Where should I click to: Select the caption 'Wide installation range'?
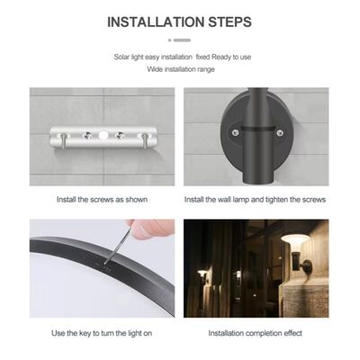pyautogui.click(x=181, y=69)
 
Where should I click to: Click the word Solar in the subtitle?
pyautogui.click(x=121, y=57)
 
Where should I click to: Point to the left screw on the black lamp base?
pyautogui.click(x=235, y=131)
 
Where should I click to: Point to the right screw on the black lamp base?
pyautogui.click(x=280, y=131)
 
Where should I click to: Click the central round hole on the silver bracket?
pyautogui.click(x=103, y=136)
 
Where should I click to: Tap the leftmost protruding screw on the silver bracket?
pyautogui.click(x=64, y=140)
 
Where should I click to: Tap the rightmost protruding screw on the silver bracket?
pyautogui.click(x=144, y=140)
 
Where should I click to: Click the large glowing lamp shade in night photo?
pyautogui.click(x=295, y=240)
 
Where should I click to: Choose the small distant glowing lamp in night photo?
pyautogui.click(x=202, y=274)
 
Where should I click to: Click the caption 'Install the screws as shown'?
pyautogui.click(x=102, y=200)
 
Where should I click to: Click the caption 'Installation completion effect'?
pyautogui.click(x=256, y=333)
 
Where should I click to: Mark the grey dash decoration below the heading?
pyautogui.click(x=180, y=40)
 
